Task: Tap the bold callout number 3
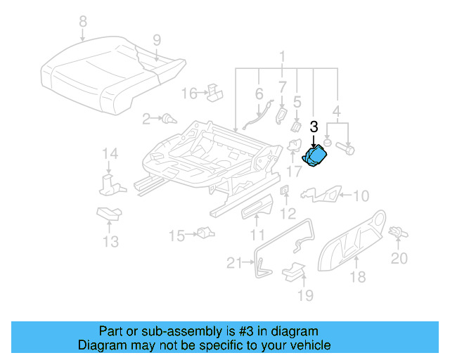pyautogui.click(x=314, y=127)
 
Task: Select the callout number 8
pyautogui.click(x=83, y=22)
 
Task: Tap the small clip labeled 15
pyautogui.click(x=205, y=233)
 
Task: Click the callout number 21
pyautogui.click(x=234, y=263)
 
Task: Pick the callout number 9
pyautogui.click(x=157, y=39)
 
